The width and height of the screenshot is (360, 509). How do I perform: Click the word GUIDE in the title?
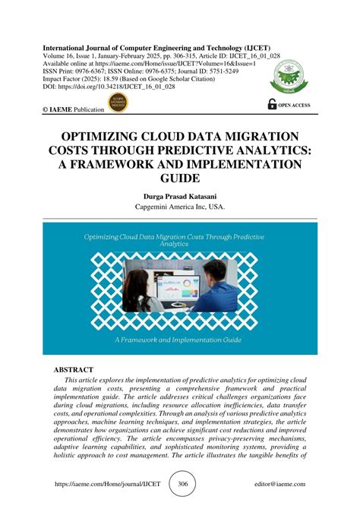pyautogui.click(x=179, y=179)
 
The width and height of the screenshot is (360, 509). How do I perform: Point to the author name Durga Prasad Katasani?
pyautogui.click(x=179, y=196)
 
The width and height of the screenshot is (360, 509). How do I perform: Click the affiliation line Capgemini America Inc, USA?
pyautogui.click(x=179, y=207)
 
